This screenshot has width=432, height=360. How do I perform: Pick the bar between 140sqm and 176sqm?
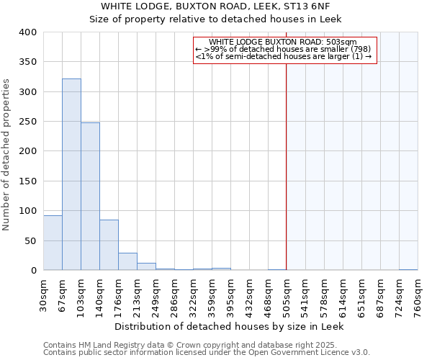[109, 245]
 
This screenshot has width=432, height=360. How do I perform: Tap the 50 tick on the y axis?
[31, 240]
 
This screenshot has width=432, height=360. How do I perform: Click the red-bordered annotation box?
[285, 50]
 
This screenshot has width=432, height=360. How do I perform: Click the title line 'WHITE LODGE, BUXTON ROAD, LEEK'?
[215, 6]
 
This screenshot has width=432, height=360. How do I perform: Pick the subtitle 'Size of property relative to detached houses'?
[215, 19]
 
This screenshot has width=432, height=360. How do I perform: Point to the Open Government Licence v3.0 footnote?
[206, 353]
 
